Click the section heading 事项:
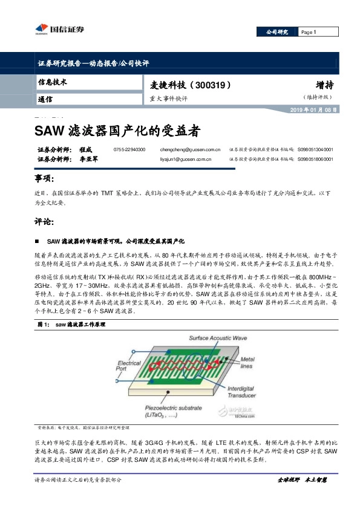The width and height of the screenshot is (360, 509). coord(45,180)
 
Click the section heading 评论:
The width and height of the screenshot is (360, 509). coord(45,221)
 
